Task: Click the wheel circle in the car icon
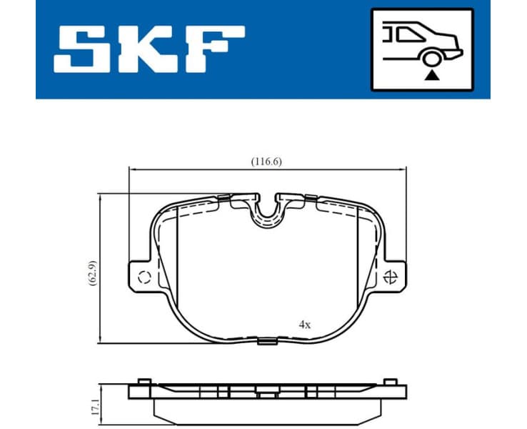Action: click(431, 60)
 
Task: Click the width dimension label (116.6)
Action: click(266, 161)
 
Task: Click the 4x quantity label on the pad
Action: click(305, 324)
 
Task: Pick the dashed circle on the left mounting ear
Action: click(143, 278)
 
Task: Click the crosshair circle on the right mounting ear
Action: click(391, 277)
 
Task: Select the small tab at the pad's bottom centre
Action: click(266, 341)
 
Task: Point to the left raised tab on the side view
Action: click(144, 381)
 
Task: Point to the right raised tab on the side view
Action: click(390, 381)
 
